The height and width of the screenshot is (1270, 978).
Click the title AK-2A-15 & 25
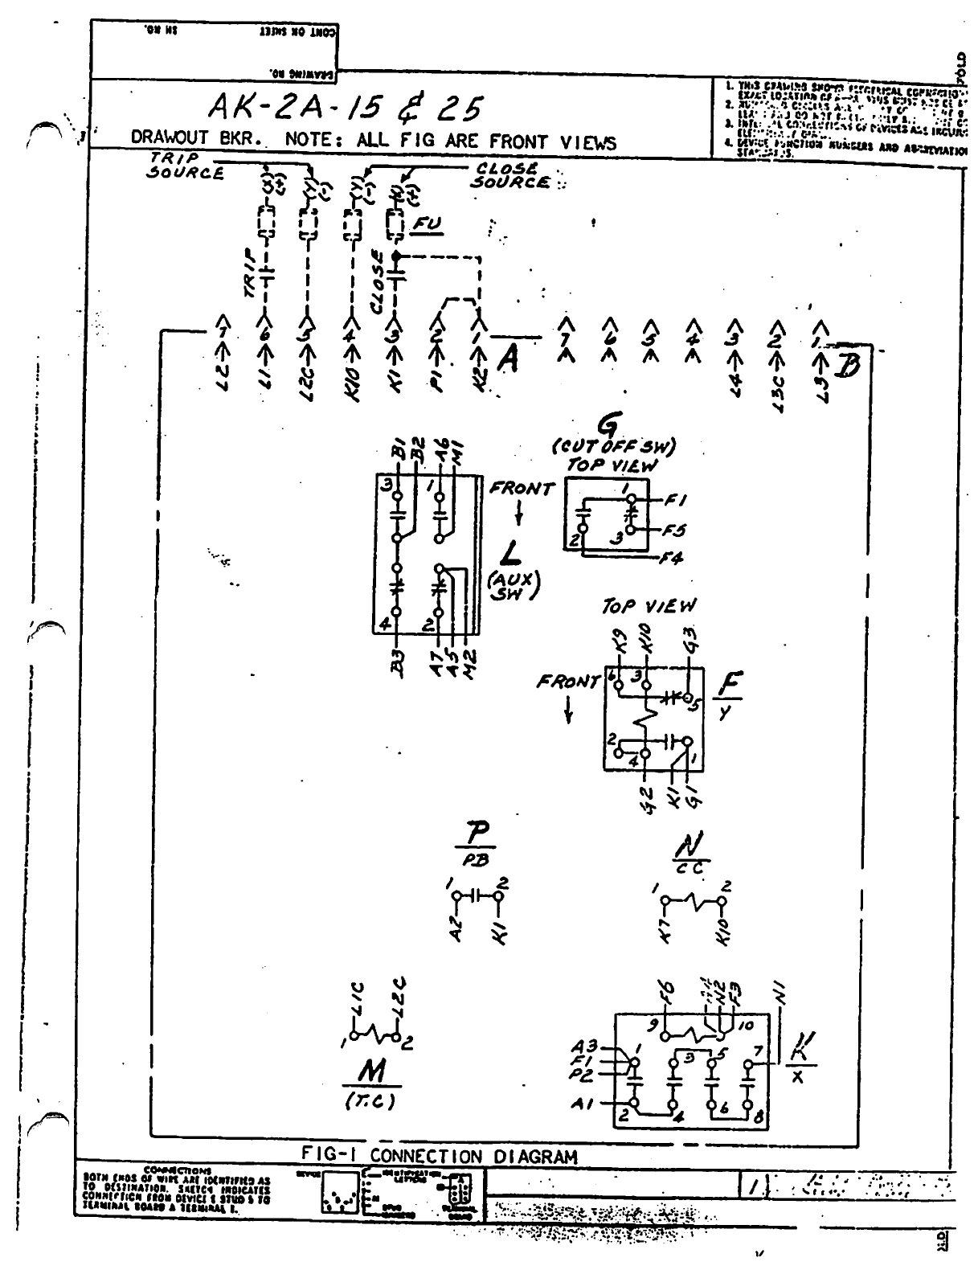click(x=346, y=106)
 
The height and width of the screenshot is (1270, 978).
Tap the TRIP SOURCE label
click(x=184, y=167)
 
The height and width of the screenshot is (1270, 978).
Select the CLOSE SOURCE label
click(x=511, y=175)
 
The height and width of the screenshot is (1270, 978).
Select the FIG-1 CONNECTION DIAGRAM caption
click(x=439, y=1157)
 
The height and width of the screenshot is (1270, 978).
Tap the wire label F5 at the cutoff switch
click(x=675, y=530)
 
